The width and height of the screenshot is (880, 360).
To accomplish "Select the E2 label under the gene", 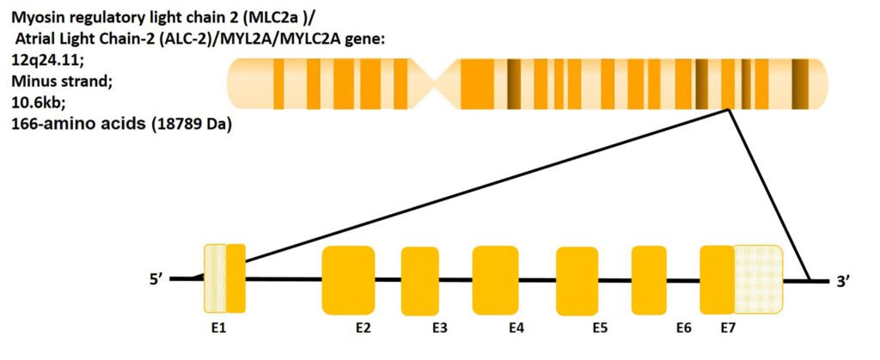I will pyautogui.click(x=364, y=328).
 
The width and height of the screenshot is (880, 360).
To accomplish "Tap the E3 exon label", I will pyautogui.click(x=440, y=328).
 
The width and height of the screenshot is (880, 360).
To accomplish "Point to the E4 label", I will pyautogui.click(x=516, y=328).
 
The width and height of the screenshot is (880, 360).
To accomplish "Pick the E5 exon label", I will pyautogui.click(x=601, y=328).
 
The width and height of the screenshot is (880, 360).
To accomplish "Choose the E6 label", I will pyautogui.click(x=684, y=328).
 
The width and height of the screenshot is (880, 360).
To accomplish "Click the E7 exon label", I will pyautogui.click(x=727, y=328).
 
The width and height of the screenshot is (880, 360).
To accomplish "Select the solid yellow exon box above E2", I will pyautogui.click(x=348, y=279).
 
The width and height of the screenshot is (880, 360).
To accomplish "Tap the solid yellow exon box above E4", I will pyautogui.click(x=495, y=279).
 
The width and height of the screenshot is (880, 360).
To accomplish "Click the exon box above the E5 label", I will pyautogui.click(x=577, y=280).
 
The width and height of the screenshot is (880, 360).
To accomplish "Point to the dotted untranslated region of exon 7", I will pyautogui.click(x=758, y=279).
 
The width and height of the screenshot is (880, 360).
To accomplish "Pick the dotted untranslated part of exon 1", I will pyautogui.click(x=214, y=278).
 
